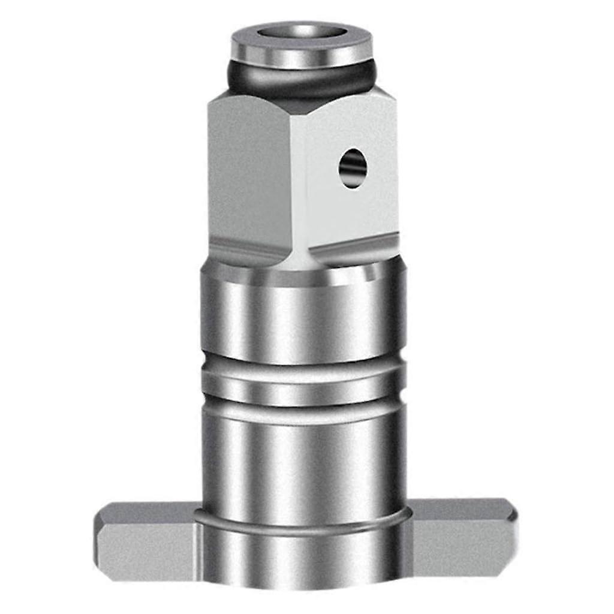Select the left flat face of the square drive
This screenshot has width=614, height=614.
[x=249, y=174]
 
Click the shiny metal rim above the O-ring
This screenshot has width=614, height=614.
[x=302, y=54]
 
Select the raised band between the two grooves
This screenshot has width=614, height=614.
[x=303, y=387]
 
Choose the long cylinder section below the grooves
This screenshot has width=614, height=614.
[x=303, y=462]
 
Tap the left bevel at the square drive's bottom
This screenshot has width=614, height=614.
[x=246, y=252]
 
